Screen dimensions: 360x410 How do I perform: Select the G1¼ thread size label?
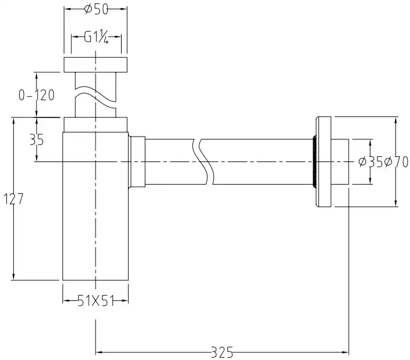(x=97, y=38)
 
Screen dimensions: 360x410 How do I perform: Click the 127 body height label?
(x=13, y=199)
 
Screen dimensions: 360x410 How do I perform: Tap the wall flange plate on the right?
(x=324, y=162)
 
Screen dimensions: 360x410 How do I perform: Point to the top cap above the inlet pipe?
(x=95, y=64)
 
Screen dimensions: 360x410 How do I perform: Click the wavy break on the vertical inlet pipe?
(x=94, y=97)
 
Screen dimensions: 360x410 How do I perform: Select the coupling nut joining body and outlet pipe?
(x=137, y=161)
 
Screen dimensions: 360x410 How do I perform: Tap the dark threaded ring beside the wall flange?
(x=313, y=161)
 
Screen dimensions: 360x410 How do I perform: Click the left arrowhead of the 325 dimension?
(x=99, y=351)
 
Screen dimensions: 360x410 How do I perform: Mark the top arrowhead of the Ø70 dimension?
(x=396, y=121)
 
